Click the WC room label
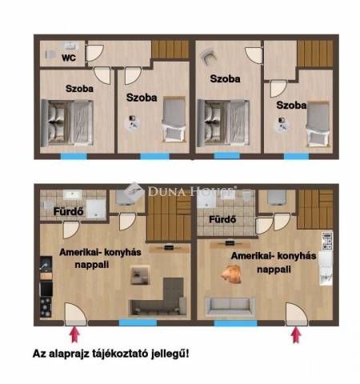69,58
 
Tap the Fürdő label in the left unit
69,211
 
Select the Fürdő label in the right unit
222,219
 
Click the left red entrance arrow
75,334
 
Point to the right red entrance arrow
296,334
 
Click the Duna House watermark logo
181,190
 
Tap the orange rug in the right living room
231,274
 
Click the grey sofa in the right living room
230,306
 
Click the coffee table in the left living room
139,275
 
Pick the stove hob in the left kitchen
46,307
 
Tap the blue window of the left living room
138,323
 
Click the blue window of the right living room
235,323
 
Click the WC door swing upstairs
94,53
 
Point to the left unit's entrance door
75,314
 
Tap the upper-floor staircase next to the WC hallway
170,49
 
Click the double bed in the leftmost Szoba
67,123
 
